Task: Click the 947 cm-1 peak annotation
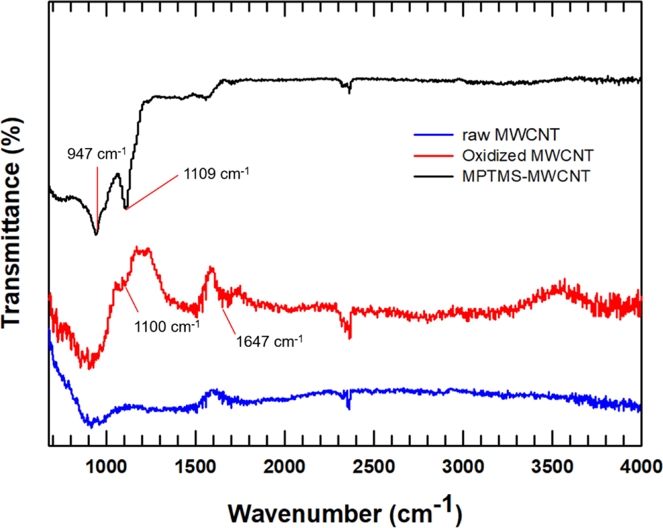point(96,154)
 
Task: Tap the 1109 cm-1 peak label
point(216,174)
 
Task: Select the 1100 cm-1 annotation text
point(167,326)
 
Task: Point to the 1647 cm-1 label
point(269,341)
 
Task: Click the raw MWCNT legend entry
point(510,135)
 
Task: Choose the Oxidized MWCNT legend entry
point(527,155)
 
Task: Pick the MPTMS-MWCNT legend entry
point(526,176)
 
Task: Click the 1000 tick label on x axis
point(106,467)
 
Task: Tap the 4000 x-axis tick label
point(640,467)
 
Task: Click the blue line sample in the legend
point(433,135)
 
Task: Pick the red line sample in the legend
point(433,155)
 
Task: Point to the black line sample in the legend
point(433,176)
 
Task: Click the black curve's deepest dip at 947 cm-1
point(96,234)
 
